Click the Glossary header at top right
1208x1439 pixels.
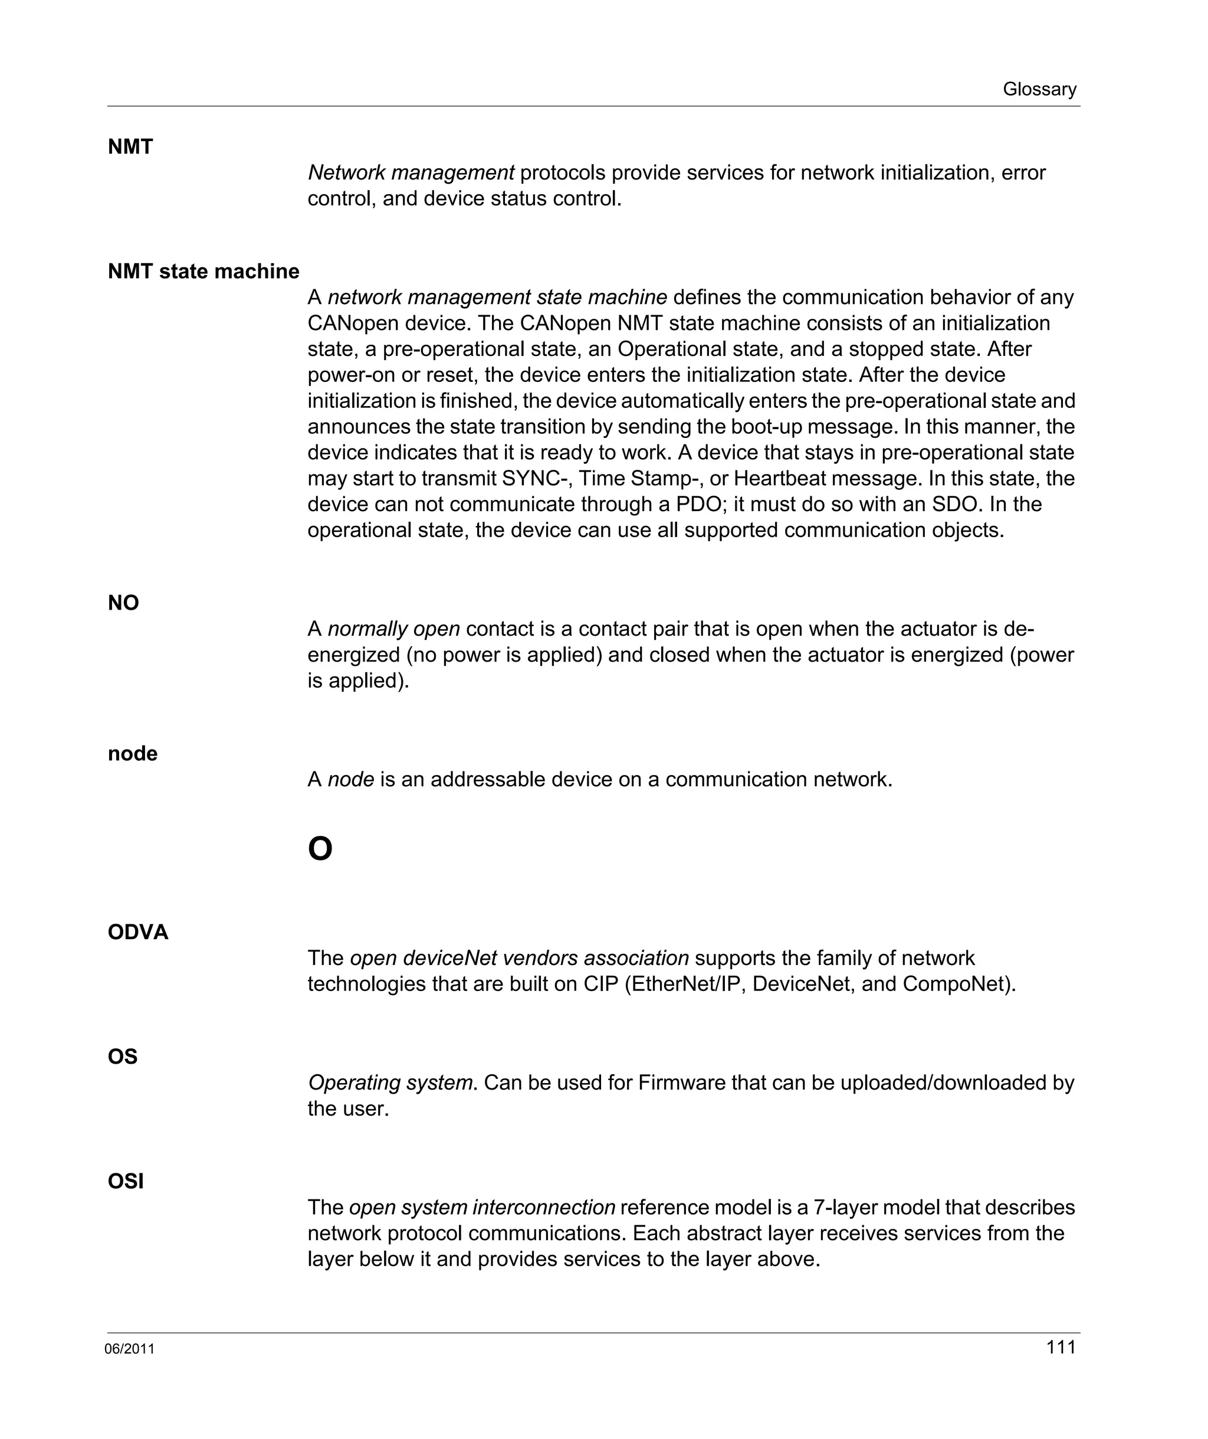pos(1039,89)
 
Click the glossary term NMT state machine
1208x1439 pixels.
pos(203,272)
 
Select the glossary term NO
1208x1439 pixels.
pos(123,603)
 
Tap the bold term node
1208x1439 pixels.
pos(132,754)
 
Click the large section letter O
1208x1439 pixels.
pos(320,850)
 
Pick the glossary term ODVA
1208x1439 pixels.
pos(137,932)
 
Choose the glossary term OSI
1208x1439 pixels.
pos(125,1181)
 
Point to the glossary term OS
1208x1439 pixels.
pos(123,1057)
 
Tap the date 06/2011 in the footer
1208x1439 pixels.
pos(129,1349)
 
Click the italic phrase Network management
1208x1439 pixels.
pos(411,173)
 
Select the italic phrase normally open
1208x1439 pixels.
pos(394,629)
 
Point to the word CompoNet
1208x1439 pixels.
pos(957,984)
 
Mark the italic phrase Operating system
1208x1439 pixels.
pos(390,1082)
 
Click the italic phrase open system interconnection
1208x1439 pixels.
pos(482,1208)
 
